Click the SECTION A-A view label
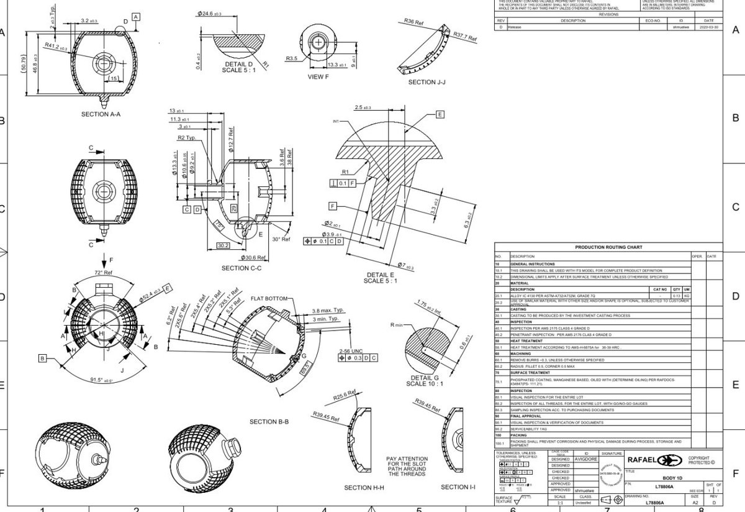tap(101, 114)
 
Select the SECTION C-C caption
tap(242, 268)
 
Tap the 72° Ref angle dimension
tap(104, 273)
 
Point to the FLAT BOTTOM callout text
tap(269, 299)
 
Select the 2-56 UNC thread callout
tap(351, 350)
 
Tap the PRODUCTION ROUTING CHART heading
tap(608, 247)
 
